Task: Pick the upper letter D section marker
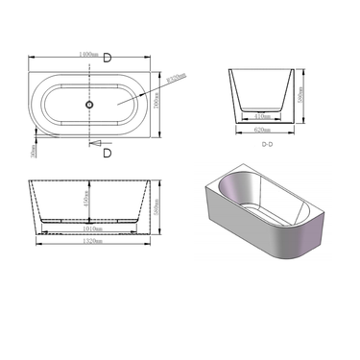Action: (x=107, y=58)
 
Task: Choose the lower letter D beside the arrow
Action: (x=107, y=152)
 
